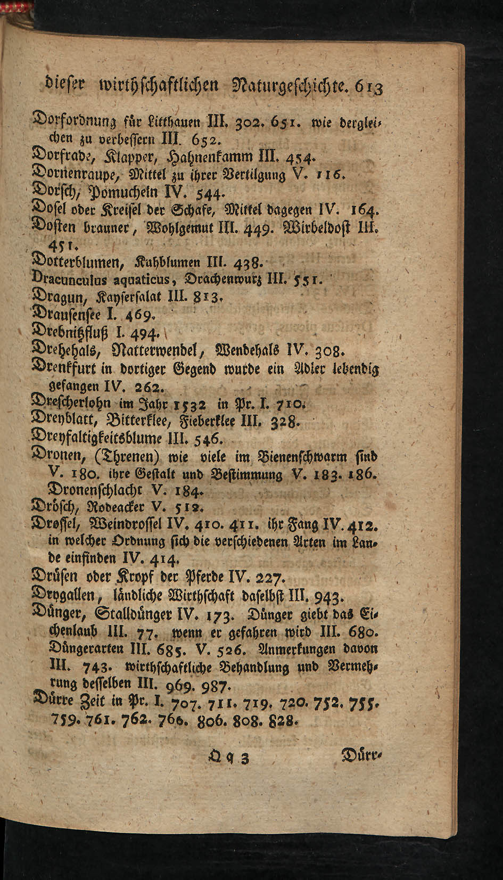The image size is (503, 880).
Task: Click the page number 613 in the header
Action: coord(367,86)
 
